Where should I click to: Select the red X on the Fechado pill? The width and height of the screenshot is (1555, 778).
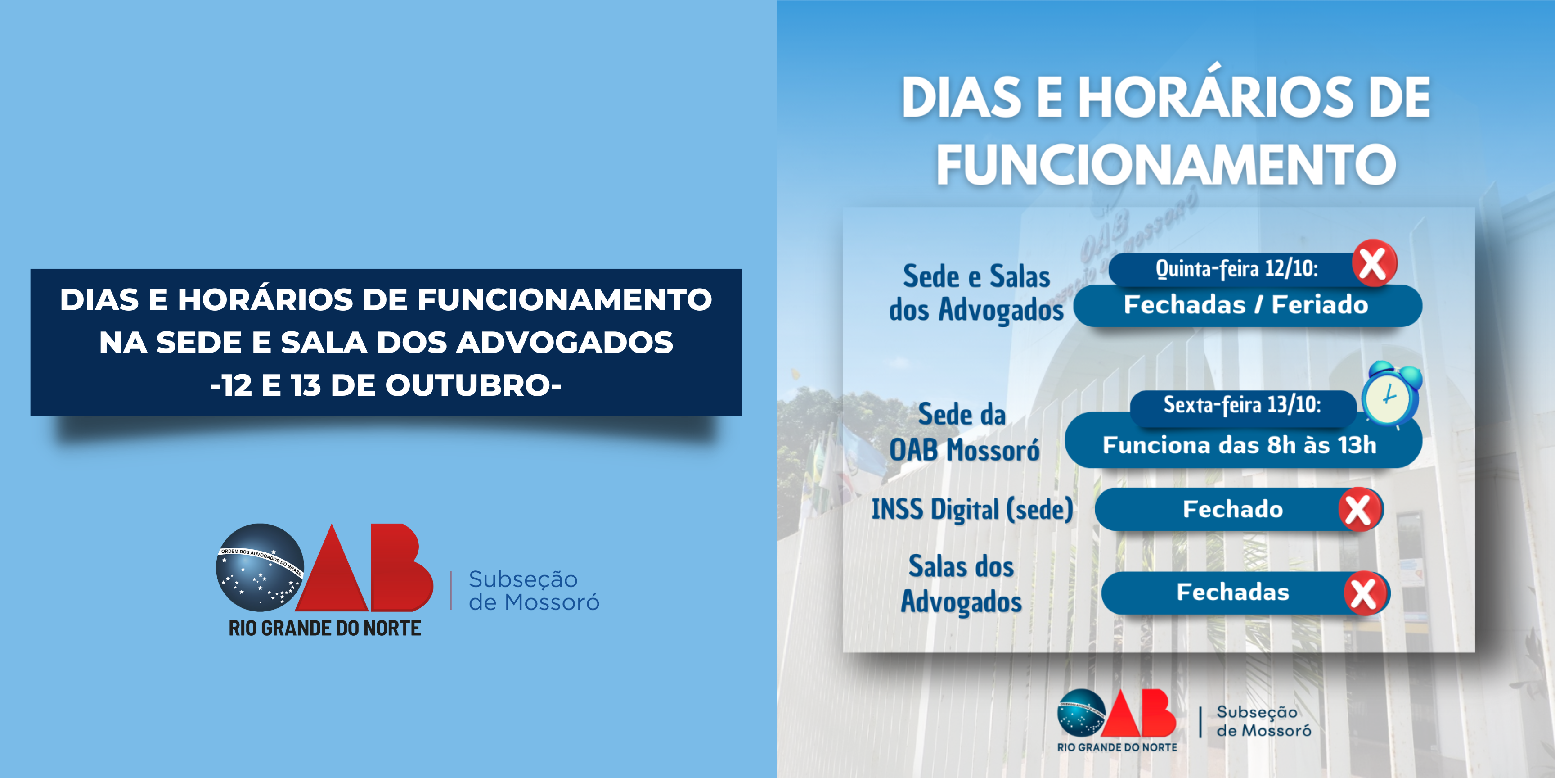pos(1359,509)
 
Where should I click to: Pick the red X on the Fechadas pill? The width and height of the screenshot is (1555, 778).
pos(1366,593)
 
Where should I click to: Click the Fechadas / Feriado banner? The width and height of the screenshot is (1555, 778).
pos(1247,306)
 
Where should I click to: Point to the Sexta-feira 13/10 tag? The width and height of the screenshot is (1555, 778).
pos(1242,405)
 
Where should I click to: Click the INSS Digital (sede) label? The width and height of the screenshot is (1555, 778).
pos(972,509)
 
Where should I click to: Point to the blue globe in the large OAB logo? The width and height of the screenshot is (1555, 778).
pos(260,568)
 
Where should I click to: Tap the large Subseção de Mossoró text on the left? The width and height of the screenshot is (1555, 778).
pos(534,591)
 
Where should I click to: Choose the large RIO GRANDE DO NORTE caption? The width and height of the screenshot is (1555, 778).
pos(325,628)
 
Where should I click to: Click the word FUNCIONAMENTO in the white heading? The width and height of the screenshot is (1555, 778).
pos(1166,164)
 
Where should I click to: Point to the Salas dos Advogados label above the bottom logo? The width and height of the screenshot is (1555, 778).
pos(962,584)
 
